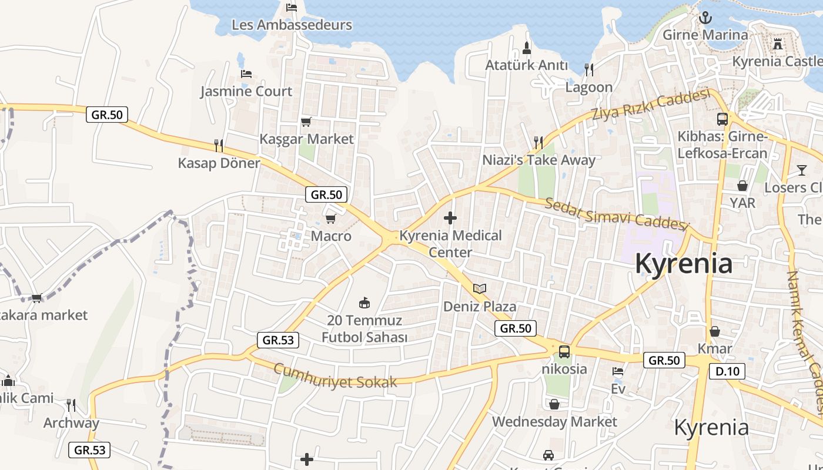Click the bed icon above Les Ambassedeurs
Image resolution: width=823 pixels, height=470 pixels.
292,8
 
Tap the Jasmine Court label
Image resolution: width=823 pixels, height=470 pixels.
246,91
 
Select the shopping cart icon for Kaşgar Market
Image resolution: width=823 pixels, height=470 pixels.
306,122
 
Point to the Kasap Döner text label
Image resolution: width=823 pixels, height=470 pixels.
219,163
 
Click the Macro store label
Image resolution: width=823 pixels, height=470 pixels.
331,236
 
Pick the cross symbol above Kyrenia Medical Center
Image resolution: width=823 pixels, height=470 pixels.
450,219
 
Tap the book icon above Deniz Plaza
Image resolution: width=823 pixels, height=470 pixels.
480,288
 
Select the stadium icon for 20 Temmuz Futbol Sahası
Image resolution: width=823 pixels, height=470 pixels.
364,303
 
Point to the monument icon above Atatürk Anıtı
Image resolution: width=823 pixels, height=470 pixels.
527,48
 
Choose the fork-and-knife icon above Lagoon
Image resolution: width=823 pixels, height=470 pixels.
589,69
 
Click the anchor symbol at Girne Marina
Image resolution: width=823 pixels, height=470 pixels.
705,18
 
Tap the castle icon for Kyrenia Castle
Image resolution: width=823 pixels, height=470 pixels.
778,44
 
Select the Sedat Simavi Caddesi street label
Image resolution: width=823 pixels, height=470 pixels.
615,214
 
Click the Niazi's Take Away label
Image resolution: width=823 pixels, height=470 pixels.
538,160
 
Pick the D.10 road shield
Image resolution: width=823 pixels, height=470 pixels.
727,371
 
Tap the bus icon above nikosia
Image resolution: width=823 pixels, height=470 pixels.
564,352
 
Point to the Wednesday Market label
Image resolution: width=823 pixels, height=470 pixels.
554,421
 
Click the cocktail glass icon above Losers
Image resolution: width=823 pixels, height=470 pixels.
802,170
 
